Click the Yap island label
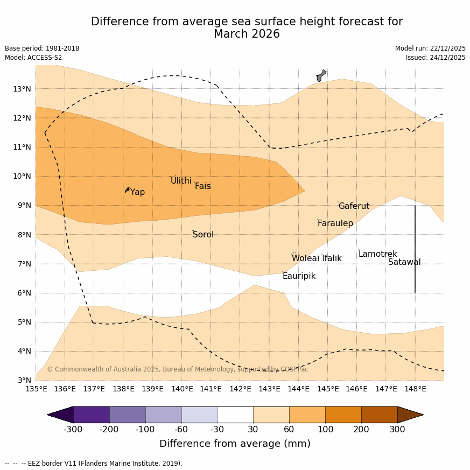click(137, 192)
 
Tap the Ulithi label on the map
click(181, 181)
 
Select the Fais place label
click(202, 186)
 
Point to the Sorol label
click(203, 235)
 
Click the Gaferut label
click(354, 206)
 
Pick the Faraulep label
click(335, 223)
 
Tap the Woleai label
click(305, 258)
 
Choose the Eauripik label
click(299, 276)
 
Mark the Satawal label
click(404, 262)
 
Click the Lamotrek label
click(377, 254)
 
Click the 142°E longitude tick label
click(240, 389)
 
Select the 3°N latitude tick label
click(22, 380)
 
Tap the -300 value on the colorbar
click(73, 429)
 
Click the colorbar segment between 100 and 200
click(343, 415)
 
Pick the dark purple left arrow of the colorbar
click(60, 415)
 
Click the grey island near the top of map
click(321, 75)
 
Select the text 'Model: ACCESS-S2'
click(33, 58)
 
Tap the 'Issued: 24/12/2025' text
click(436, 58)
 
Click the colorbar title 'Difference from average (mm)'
click(235, 444)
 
